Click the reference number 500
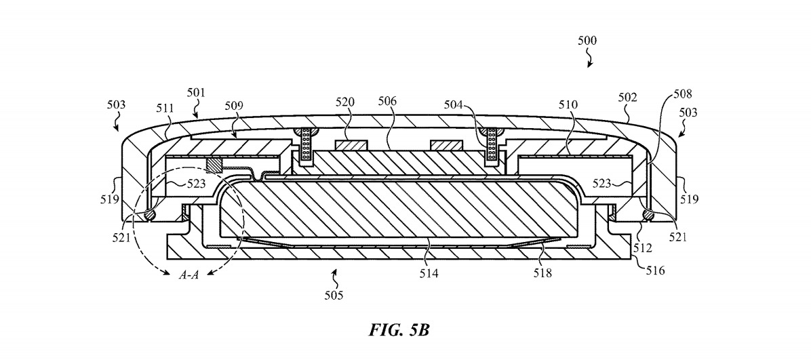tap(587, 41)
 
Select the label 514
tap(429, 274)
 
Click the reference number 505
tap(333, 295)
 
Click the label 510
tap(568, 106)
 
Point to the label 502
tap(628, 98)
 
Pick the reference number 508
tap(683, 95)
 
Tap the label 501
tap(197, 92)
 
